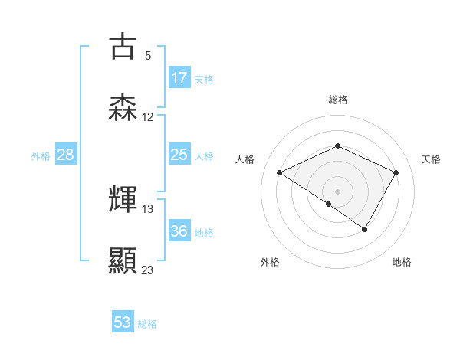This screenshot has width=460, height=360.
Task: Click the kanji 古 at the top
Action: (123, 46)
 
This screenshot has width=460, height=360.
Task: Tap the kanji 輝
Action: (123, 200)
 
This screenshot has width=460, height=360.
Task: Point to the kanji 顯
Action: (123, 261)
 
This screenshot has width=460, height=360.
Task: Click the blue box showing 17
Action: (179, 78)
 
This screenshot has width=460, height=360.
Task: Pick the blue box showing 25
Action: (179, 155)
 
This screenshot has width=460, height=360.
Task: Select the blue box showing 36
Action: (179, 232)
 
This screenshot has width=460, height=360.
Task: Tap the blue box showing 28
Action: (65, 155)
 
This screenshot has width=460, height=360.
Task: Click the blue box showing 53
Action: (123, 322)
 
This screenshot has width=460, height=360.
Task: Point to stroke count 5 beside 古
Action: (148, 55)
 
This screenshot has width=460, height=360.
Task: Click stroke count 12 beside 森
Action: (148, 117)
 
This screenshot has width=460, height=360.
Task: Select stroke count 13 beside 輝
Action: (148, 208)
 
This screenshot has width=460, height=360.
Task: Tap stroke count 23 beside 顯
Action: (148, 270)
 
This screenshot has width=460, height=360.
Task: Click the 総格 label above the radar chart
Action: (337, 100)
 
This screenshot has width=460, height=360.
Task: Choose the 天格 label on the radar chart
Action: (431, 159)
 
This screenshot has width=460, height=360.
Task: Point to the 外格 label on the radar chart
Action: (270, 262)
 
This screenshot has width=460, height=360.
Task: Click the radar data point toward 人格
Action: (280, 173)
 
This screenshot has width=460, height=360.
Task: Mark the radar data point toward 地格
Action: (365, 229)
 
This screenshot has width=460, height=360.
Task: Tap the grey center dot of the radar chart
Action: (337, 191)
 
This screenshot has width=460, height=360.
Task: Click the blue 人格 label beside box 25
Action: (204, 156)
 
